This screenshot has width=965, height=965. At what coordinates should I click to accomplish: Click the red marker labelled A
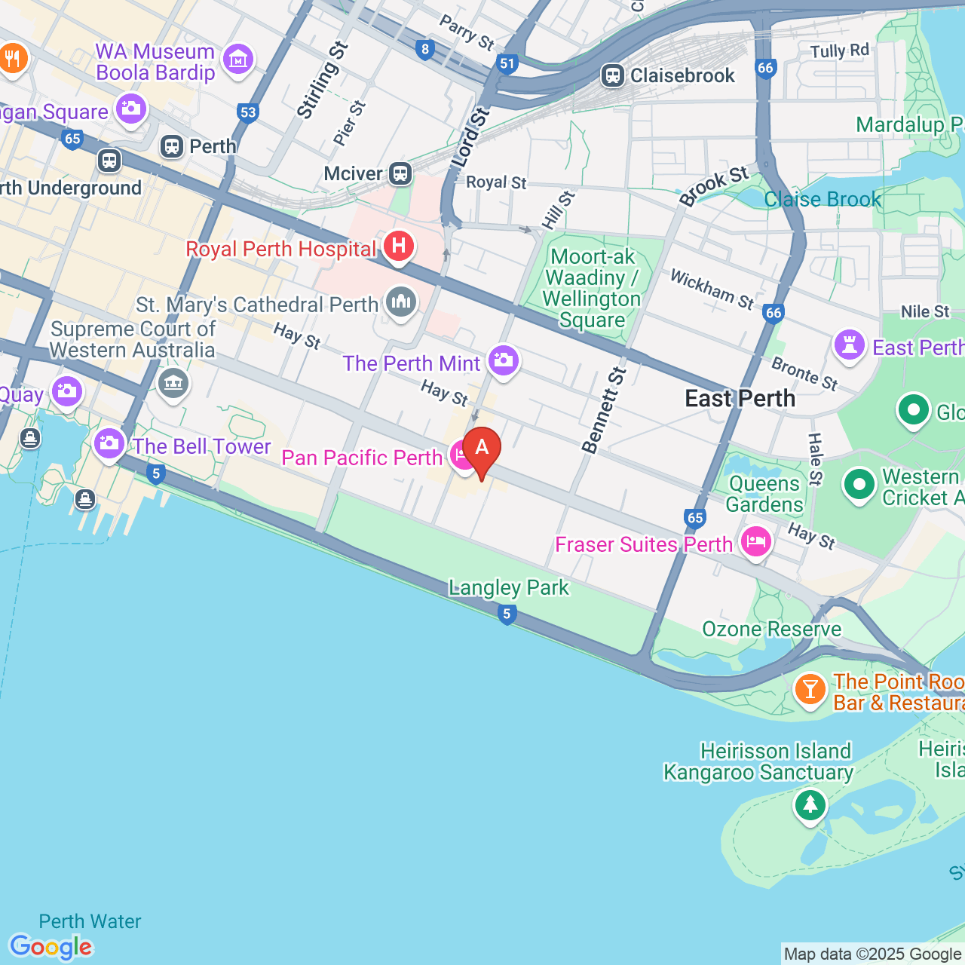click(481, 449)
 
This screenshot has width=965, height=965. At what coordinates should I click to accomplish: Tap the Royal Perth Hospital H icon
click(399, 246)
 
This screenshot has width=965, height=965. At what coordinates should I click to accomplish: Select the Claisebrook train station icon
click(612, 75)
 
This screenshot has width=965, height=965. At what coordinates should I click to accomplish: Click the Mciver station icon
click(400, 173)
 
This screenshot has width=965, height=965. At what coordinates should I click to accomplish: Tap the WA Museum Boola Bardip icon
click(238, 59)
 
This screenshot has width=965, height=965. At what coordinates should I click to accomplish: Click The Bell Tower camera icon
click(109, 443)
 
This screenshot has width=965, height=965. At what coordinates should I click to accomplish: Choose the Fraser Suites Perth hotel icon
click(755, 541)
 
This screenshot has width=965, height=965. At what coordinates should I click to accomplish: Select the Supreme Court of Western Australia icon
click(173, 383)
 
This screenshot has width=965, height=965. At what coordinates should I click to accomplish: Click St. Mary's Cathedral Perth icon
click(400, 302)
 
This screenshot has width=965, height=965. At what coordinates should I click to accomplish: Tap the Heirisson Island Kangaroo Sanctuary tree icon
click(810, 804)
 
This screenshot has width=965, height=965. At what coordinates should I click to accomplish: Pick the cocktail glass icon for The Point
click(810, 689)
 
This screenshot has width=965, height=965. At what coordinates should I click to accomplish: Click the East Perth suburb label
click(740, 398)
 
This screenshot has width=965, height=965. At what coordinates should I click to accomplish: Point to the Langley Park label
click(509, 587)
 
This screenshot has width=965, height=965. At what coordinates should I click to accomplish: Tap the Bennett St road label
click(605, 410)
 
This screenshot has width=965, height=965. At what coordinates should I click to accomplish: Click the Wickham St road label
click(712, 290)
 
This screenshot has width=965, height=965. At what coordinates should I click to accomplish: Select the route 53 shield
click(248, 113)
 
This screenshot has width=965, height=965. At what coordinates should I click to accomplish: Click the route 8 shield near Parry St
click(425, 50)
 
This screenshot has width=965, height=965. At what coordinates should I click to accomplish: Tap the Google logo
click(51, 947)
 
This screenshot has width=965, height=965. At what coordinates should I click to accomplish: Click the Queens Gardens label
click(764, 494)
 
